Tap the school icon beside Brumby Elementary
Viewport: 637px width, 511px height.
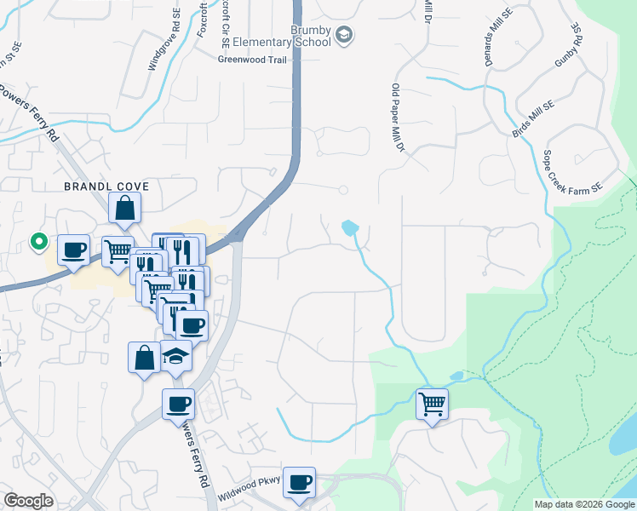(344, 35)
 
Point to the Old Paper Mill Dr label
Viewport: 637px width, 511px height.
(396, 118)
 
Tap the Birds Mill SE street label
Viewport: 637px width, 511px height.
(533, 119)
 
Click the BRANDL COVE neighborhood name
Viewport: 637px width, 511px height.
(107, 186)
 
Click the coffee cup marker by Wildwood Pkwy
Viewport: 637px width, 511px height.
(299, 483)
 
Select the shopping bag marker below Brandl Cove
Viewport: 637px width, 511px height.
(124, 209)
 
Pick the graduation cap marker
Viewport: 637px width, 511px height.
(175, 356)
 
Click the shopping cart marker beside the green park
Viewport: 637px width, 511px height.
(432, 404)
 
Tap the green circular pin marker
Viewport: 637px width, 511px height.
(38, 243)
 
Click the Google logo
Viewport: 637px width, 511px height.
(28, 501)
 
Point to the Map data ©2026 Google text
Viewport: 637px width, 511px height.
(584, 504)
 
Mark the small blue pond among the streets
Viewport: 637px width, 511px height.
(350, 228)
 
